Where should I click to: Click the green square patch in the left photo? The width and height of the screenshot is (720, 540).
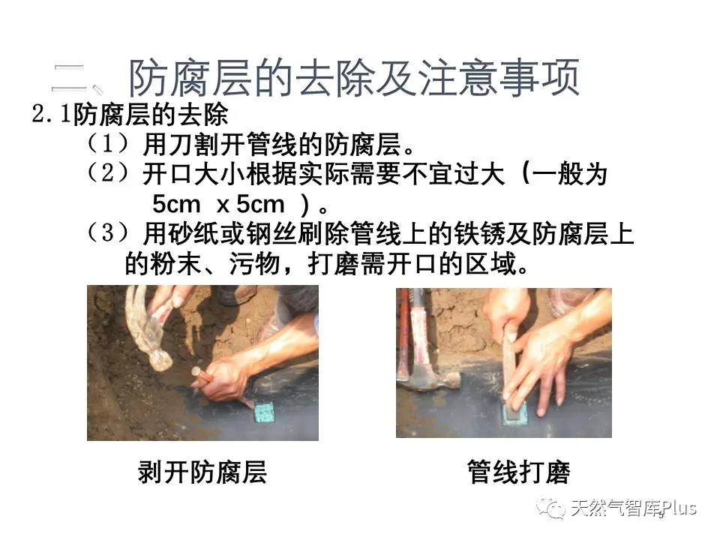coord(265,411)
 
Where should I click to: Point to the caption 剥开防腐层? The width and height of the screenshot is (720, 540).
coord(202,472)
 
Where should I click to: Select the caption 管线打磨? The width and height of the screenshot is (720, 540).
coord(518,472)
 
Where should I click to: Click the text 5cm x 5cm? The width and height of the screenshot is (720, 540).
coord(218,204)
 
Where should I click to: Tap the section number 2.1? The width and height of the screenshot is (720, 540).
coord(51,116)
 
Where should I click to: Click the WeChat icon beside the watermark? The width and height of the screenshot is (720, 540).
coord(556,509)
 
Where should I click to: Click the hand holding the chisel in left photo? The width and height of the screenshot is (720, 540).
coord(225,375)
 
